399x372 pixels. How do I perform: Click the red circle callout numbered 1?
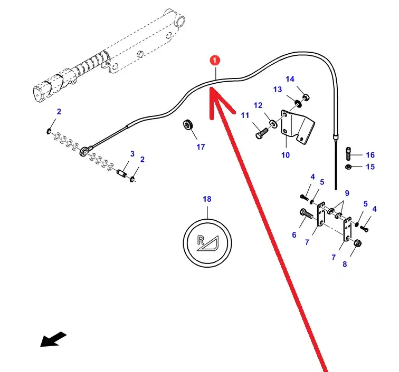click(x=215, y=61)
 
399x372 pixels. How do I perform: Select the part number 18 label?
click(x=207, y=199)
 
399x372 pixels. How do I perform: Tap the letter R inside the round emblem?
click(x=201, y=240)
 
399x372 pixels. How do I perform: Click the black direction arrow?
click(x=53, y=339)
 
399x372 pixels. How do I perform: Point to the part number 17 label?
click(x=201, y=147)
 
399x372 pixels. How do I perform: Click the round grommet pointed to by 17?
click(x=188, y=124)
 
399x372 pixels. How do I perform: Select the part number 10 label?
click(x=286, y=155)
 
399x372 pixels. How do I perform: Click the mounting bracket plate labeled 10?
click(x=297, y=126)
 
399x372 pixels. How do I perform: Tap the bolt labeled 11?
click(x=262, y=133)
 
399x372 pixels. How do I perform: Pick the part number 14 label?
click(x=290, y=79)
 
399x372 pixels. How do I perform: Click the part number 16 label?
click(x=370, y=155)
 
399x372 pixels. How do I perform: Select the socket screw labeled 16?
click(x=348, y=153)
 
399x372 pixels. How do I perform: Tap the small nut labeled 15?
click(x=348, y=167)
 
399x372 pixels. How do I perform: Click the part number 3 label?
click(x=132, y=154)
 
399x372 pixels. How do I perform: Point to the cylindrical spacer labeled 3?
click(x=121, y=173)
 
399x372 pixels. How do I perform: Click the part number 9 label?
click(x=347, y=193)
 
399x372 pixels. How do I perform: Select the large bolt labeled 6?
click(x=307, y=214)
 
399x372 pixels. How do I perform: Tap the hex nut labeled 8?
click(x=357, y=243)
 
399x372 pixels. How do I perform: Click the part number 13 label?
click(x=278, y=90)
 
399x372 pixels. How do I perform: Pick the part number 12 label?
click(x=258, y=105)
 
